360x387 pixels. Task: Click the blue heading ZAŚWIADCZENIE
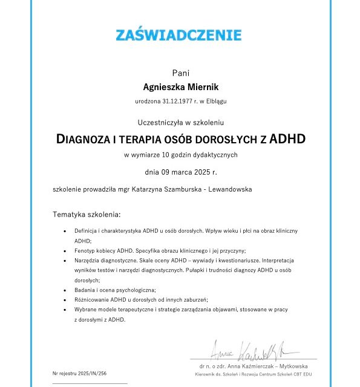(178, 34)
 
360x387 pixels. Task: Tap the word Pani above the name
(180, 73)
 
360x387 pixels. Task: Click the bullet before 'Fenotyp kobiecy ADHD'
(65, 250)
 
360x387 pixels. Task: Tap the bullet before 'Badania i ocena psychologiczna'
(65, 290)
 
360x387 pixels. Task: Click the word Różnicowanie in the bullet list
(91, 299)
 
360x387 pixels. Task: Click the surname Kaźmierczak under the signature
(263, 366)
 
